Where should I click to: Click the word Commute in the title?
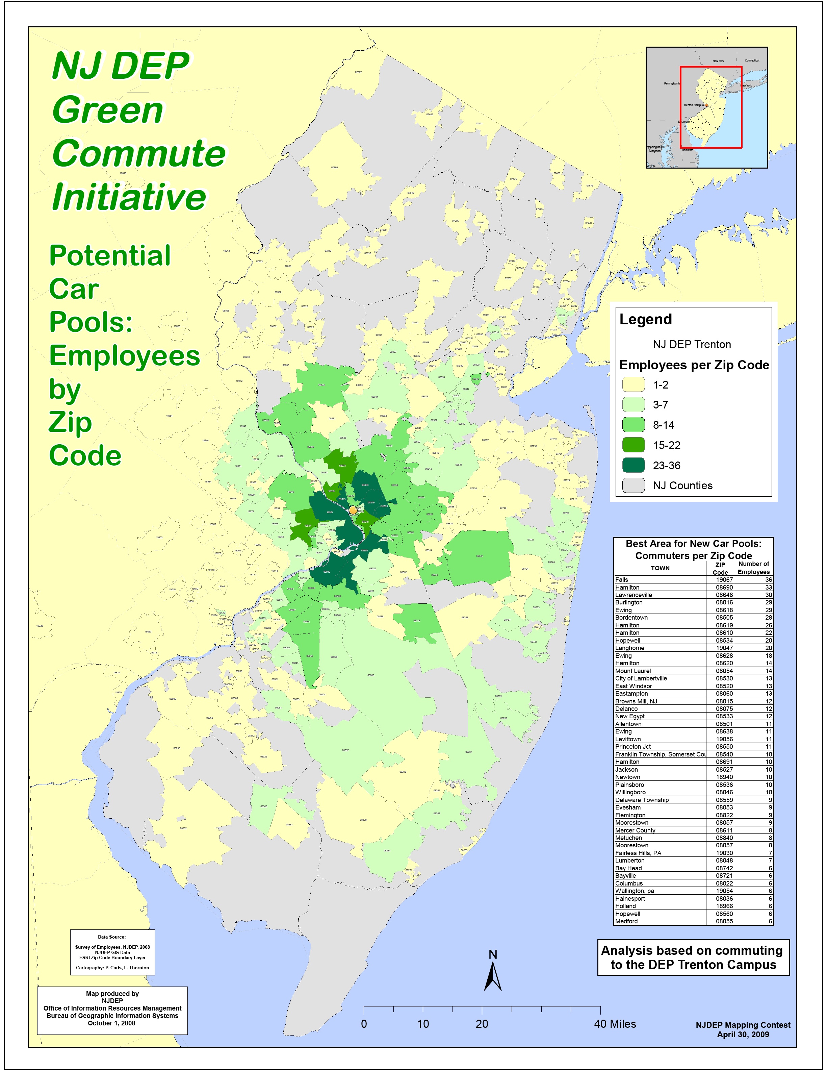click(x=139, y=153)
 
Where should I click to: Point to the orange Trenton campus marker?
click(x=353, y=510)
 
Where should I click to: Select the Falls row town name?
click(x=622, y=580)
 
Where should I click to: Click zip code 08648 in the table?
click(x=724, y=595)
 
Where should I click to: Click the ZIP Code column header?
click(x=720, y=568)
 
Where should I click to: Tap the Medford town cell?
click(x=626, y=921)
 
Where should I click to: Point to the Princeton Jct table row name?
click(x=633, y=746)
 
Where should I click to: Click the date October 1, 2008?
click(x=112, y=1023)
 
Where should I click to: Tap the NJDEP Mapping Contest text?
click(x=743, y=1025)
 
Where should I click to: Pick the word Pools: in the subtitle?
click(x=91, y=322)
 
